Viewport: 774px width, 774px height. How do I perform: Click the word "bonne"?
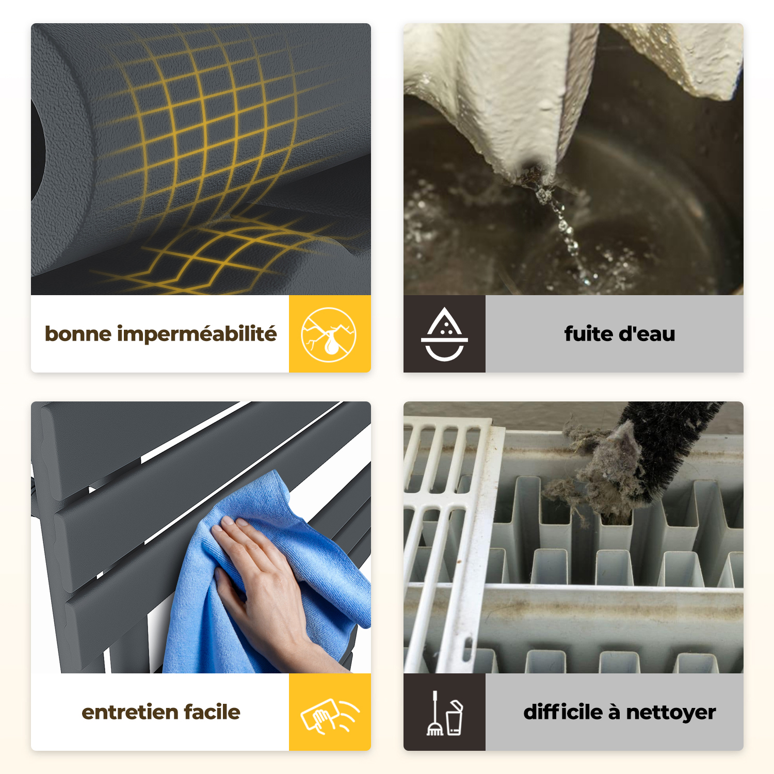click(78, 334)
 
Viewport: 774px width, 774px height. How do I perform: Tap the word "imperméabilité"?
click(197, 334)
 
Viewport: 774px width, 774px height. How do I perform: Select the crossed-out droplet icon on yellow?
click(329, 334)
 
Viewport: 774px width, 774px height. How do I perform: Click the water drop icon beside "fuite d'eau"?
click(444, 334)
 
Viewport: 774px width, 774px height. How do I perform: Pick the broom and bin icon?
click(444, 713)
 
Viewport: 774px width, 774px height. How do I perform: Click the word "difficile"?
click(563, 712)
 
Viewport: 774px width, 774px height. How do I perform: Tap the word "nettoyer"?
click(671, 713)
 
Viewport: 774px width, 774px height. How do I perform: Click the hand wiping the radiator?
click(263, 588)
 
